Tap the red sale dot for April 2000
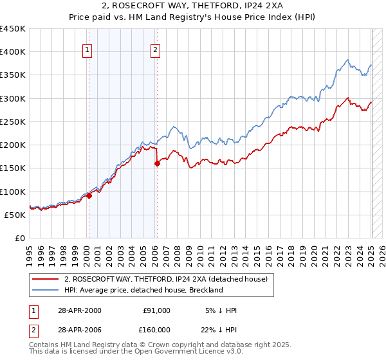tap(89, 196)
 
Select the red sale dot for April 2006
tap(157, 164)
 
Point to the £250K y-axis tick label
tap(13, 122)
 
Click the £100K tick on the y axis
tap(13, 192)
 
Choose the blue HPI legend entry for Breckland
tap(143, 290)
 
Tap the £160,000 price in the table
tap(156, 329)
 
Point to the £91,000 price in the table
tap(156, 310)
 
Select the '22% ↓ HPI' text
tap(220, 329)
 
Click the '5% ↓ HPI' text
tap(220, 310)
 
